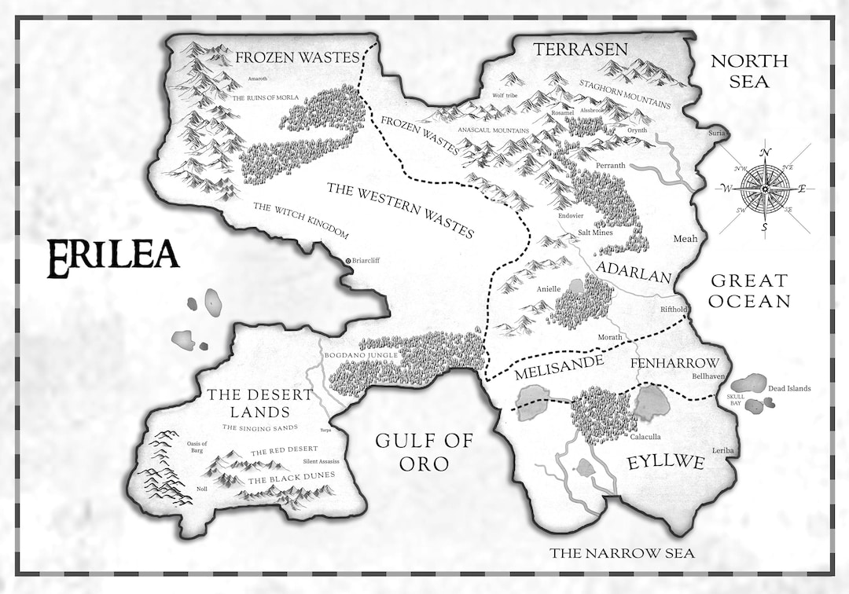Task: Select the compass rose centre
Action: [x=765, y=189]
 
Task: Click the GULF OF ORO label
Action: [x=424, y=452]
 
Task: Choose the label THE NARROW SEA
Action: [x=622, y=553]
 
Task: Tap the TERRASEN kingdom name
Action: [x=580, y=49]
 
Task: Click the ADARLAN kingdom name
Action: [x=634, y=273]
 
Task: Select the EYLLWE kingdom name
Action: [x=664, y=463]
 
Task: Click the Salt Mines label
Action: [x=595, y=233]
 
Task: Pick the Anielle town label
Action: [x=548, y=289]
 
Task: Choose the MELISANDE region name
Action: [x=559, y=366]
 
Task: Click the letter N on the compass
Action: [x=766, y=152]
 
